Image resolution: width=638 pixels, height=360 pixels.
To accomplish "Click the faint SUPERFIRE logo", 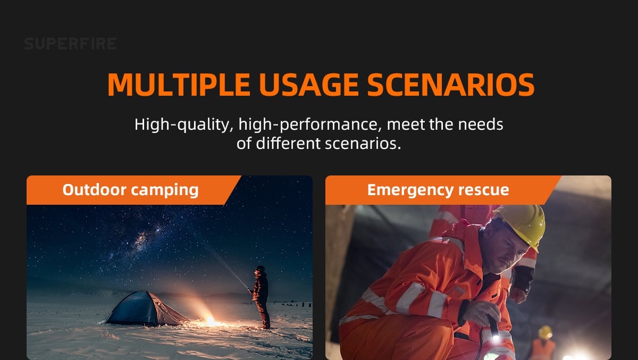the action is [x=70, y=44].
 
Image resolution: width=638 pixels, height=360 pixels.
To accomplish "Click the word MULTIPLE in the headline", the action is [x=179, y=85].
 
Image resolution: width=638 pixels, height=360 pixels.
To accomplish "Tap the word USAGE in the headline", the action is [x=308, y=85].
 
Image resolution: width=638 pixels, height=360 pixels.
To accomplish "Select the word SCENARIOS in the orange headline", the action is [x=451, y=85].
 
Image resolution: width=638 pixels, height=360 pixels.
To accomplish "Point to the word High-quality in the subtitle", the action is [x=184, y=125].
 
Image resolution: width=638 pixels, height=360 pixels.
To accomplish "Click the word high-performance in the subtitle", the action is [x=310, y=125].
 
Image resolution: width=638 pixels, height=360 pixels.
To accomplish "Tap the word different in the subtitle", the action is [x=288, y=143].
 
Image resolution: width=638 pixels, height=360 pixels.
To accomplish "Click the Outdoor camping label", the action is [x=130, y=190].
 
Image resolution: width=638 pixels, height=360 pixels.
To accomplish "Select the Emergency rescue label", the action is [x=438, y=190].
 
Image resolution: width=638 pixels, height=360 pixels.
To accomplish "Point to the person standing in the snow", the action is [x=261, y=297].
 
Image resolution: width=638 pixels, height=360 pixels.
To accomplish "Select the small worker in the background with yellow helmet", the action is [x=544, y=343].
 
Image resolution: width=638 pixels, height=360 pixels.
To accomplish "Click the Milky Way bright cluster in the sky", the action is [x=142, y=239].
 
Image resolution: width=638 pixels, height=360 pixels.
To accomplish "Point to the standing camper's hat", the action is [x=261, y=269].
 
